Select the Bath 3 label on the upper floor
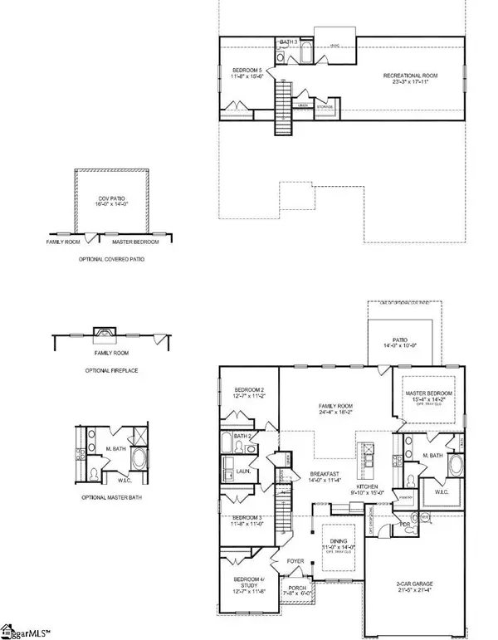[x=288, y=41]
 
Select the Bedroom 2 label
[x=249, y=390]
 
